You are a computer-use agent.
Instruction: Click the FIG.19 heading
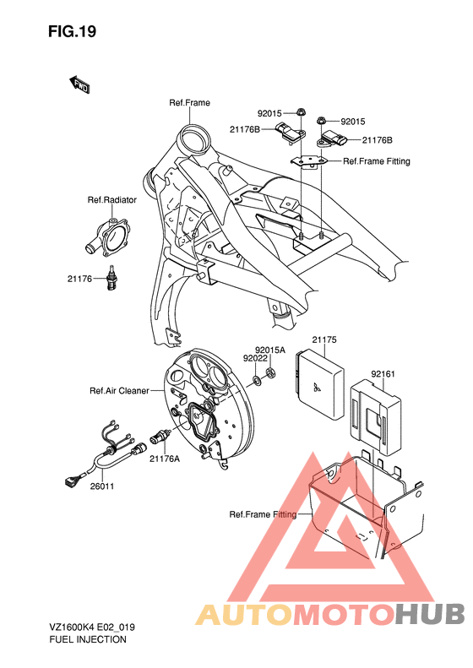[x=72, y=31]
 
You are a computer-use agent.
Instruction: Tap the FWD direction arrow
[x=79, y=85]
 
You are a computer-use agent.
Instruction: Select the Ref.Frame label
[x=190, y=103]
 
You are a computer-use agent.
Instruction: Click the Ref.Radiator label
[x=112, y=200]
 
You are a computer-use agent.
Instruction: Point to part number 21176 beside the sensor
[x=79, y=279]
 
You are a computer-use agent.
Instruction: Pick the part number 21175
[x=324, y=339]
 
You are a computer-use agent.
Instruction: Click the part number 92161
[x=383, y=373]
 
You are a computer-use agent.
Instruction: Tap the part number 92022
[x=255, y=358]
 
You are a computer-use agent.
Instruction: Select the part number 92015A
[x=270, y=350]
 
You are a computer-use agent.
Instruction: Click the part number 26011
[x=102, y=486]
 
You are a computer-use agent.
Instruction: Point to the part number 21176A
[x=165, y=459]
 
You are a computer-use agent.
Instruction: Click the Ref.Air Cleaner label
[x=119, y=391]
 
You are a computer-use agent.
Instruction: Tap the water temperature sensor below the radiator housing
[x=111, y=278]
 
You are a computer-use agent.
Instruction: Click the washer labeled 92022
[x=257, y=379]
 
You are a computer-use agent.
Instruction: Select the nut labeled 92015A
[x=269, y=372]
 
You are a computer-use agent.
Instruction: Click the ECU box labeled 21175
[x=319, y=384]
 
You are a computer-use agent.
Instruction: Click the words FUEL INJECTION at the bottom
[x=88, y=639]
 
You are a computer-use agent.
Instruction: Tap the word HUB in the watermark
[x=429, y=614]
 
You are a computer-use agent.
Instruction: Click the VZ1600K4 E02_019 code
[x=92, y=627]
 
